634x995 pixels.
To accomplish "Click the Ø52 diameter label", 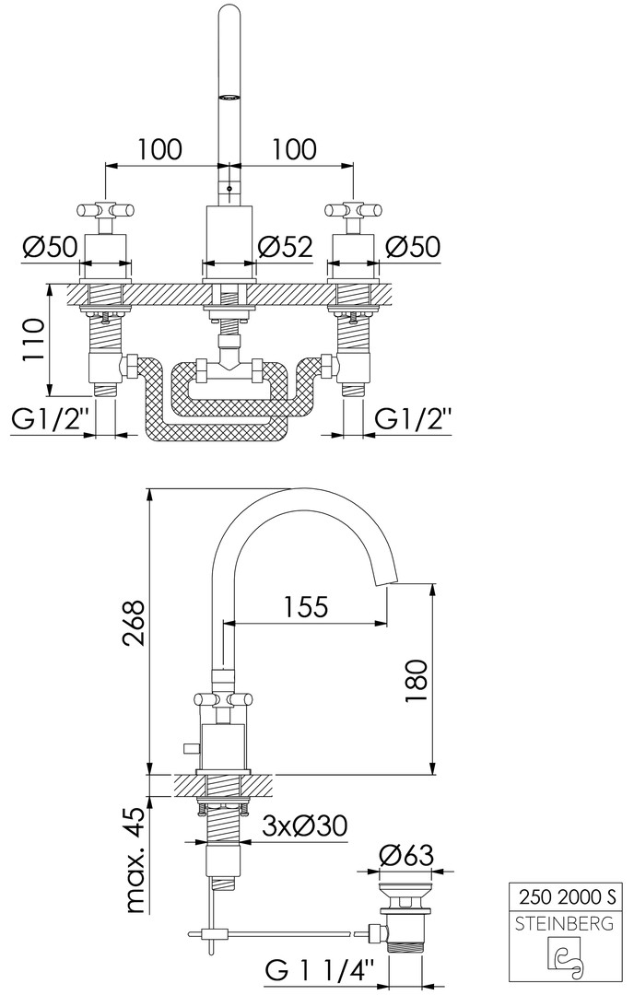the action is [x=287, y=246].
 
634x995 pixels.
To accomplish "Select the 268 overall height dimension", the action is [x=135, y=623].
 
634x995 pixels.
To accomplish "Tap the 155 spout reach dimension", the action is [x=305, y=606].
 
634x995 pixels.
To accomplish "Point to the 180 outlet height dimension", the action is [x=416, y=681].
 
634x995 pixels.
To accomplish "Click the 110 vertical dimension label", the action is [x=34, y=340].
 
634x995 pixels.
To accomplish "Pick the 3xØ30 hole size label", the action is [x=306, y=825].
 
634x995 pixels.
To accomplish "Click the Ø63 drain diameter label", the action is [x=406, y=855].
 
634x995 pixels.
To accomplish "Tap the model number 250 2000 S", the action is [x=568, y=896].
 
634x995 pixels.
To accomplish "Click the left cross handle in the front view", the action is [x=105, y=209].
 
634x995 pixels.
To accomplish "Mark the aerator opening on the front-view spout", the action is [x=229, y=97].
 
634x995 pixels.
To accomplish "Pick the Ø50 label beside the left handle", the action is [x=50, y=246].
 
